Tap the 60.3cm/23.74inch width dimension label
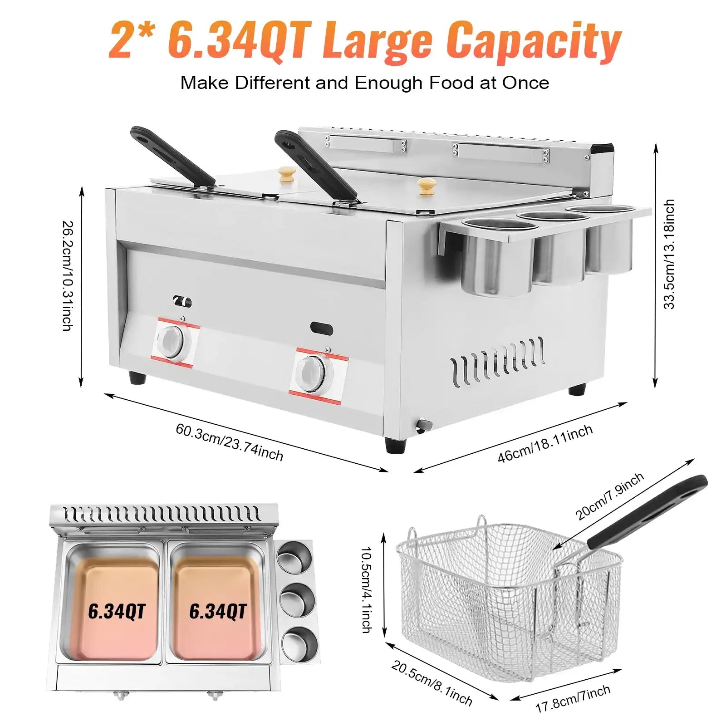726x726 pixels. [229, 441]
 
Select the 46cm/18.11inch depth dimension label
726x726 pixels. [545, 443]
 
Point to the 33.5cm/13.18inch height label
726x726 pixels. [669, 254]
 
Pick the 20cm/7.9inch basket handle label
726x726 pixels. [609, 496]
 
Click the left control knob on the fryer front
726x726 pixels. [171, 338]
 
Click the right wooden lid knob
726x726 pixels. [426, 186]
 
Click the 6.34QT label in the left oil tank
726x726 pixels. [117, 611]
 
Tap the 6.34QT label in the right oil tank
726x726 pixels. [217, 611]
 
